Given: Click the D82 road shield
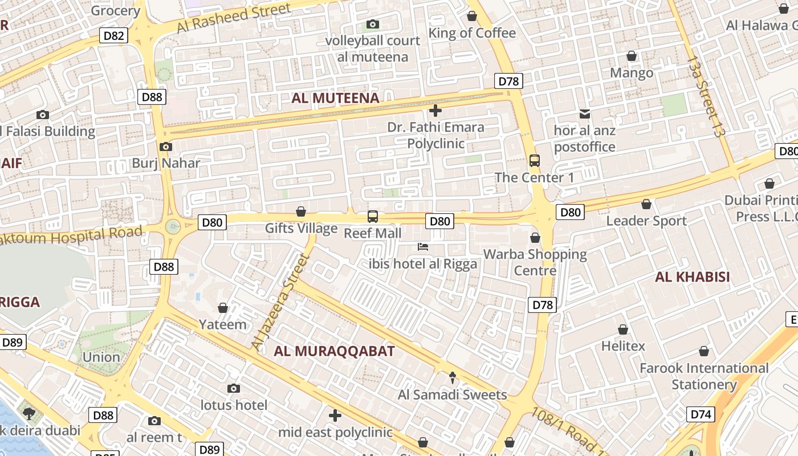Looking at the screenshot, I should point(114,36).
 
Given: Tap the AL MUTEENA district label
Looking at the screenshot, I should point(335,98).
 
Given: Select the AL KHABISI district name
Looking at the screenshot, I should point(693,277).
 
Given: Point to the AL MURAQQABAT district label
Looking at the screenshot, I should point(334,351).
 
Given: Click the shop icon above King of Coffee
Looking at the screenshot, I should point(472,17).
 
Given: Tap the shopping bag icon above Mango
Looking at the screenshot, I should point(632,56).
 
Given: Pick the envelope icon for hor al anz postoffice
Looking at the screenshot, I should point(585,114).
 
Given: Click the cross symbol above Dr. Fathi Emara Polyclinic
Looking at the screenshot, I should point(435,111).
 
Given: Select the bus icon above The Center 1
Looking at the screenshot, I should point(535,161).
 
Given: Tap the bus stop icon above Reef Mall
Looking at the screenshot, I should point(373,217).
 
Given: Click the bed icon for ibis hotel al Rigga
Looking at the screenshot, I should point(423,247).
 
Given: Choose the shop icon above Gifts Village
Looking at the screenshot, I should point(301,212).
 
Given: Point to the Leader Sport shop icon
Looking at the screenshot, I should point(646,204).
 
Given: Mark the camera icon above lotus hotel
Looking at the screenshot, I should point(234,389).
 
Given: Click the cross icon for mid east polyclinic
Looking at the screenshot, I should point(335,416).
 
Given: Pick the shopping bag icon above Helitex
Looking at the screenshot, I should point(623,329).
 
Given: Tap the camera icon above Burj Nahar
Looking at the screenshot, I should point(166,147).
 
